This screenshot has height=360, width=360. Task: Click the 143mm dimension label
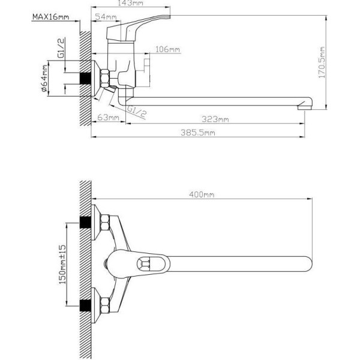130,3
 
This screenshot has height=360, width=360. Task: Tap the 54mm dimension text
106,17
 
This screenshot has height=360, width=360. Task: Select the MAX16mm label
50,17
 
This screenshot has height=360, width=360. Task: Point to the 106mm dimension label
167,49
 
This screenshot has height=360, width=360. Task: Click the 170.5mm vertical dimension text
322,62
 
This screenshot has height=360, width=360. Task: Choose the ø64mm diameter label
44,78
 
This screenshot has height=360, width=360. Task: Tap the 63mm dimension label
109,118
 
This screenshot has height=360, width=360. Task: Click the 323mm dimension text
215,119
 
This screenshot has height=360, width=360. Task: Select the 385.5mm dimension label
198,133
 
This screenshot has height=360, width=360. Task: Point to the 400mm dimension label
202,194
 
